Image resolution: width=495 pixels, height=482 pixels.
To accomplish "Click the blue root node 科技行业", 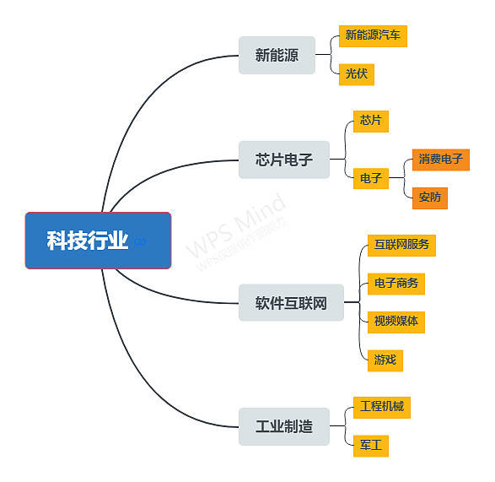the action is [x=98, y=241].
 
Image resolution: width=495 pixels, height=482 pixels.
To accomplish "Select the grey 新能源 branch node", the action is [x=277, y=56].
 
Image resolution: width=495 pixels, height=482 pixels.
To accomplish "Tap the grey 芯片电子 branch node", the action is [x=284, y=160].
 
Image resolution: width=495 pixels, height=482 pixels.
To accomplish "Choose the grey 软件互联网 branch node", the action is [x=291, y=302].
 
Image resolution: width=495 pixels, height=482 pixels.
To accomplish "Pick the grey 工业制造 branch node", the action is [x=284, y=426].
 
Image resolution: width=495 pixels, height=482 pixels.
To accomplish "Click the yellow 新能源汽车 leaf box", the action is [x=373, y=36].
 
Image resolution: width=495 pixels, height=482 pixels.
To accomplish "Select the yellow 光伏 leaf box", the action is [x=357, y=74].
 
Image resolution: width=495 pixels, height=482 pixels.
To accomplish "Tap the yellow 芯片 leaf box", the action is [x=371, y=122].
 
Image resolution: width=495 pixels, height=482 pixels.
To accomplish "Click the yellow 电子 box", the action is [x=371, y=178].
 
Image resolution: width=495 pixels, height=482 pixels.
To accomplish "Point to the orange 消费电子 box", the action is [x=441, y=160].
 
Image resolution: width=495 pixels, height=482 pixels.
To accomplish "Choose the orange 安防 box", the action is [x=430, y=198].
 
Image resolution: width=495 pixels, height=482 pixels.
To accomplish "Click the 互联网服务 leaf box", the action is [x=401, y=246].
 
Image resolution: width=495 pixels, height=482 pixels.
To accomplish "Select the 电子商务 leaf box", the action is [x=395, y=284].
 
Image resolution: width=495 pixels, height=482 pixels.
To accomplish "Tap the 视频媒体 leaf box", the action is [x=395, y=322].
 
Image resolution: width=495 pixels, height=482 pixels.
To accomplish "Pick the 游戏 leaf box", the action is [x=385, y=360].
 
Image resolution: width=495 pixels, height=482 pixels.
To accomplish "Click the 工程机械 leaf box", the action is [x=382, y=408].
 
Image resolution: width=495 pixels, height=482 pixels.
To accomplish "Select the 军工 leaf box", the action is [x=371, y=446].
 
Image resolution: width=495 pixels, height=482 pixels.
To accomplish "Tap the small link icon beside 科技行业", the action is [x=140, y=241].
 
